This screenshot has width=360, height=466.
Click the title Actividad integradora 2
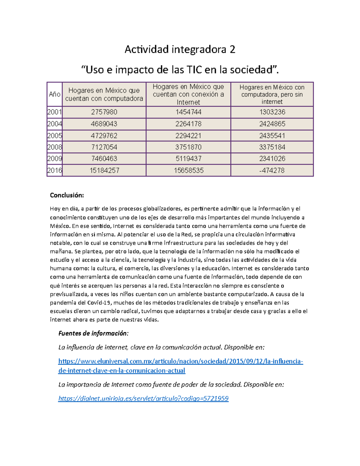coord(180,49)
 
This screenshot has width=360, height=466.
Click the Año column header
coord(55,95)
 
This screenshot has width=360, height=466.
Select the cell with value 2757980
coord(104,112)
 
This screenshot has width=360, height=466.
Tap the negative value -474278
coord(272,170)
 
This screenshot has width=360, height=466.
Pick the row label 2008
coord(55,147)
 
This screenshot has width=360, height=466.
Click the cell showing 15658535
coord(188,170)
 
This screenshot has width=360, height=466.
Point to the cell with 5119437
coord(188,159)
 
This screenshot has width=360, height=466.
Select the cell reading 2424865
coord(272,124)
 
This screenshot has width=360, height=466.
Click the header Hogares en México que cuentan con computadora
coord(104,95)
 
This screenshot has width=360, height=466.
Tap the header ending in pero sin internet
coord(272,95)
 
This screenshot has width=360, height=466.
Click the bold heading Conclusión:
coord(67,195)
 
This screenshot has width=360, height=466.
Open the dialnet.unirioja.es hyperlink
coord(143,398)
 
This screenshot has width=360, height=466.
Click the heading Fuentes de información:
coord(93,333)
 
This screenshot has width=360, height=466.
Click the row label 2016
coord(55,170)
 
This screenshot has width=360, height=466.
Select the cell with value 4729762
coord(104,136)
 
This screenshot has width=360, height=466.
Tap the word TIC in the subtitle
coord(194,70)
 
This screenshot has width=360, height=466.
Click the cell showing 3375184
coord(272,147)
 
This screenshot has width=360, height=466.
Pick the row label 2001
coord(55,112)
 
